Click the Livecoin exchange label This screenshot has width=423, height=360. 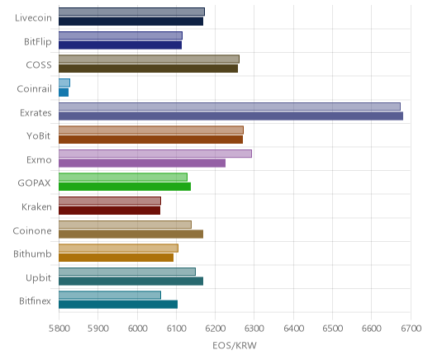(33, 18)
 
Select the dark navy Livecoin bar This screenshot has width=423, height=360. (131, 21)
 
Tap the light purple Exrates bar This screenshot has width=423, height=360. (230, 107)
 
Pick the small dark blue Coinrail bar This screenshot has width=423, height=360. (64, 92)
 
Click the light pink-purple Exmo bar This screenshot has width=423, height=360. (155, 154)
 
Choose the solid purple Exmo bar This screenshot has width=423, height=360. (142, 163)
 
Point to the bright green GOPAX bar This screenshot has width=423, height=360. (125, 187)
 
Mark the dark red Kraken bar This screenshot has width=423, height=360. (109, 211)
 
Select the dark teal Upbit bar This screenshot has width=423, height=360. (131, 282)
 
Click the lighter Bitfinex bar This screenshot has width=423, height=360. (110, 295)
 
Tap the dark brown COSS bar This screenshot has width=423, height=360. (148, 69)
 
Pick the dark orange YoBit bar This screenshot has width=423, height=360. (150, 140)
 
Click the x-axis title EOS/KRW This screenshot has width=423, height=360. (235, 346)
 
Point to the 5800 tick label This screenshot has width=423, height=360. (59, 329)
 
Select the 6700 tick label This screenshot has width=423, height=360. (411, 329)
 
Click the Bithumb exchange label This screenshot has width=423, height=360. (32, 253)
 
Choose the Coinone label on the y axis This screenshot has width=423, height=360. (32, 230)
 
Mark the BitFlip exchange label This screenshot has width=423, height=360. (38, 42)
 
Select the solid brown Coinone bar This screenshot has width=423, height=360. (131, 234)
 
